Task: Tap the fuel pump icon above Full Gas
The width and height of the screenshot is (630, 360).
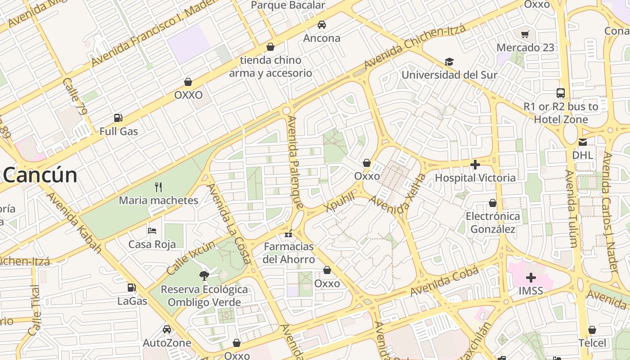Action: [x=118, y=118]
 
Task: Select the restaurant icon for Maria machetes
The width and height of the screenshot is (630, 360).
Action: [x=158, y=187]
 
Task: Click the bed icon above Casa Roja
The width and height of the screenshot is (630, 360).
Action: [x=152, y=231]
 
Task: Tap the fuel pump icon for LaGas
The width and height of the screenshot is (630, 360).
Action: [x=132, y=287]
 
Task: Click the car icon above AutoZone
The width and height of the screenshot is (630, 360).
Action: [x=167, y=329]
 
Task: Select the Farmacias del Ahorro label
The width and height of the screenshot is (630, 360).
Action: [x=289, y=253]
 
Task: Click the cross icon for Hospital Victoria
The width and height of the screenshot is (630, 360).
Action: [x=475, y=165]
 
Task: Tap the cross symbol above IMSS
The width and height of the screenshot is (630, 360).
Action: [x=531, y=277]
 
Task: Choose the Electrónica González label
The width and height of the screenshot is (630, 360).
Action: [x=493, y=223]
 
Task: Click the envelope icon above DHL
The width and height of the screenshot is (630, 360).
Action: [x=583, y=142]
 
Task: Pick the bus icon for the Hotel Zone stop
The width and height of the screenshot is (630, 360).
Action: [x=561, y=93]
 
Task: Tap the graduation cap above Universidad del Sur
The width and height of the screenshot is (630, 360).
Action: [x=449, y=62]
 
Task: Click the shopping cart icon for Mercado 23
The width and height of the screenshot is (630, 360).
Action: [x=525, y=34]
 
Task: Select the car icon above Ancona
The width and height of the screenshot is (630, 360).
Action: [x=321, y=25]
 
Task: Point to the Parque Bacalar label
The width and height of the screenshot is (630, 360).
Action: [x=288, y=5]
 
